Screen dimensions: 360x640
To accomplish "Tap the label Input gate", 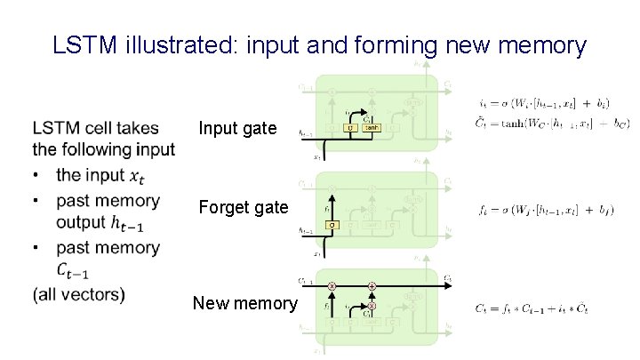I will [237, 129].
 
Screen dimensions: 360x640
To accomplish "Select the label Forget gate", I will [244, 207].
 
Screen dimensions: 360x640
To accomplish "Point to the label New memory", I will [245, 303].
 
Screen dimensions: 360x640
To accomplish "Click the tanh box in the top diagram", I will [372, 128].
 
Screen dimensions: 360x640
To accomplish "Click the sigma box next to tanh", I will [351, 128].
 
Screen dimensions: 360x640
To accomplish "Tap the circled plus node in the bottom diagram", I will [372, 285].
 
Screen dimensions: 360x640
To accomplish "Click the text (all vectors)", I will [79, 293].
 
